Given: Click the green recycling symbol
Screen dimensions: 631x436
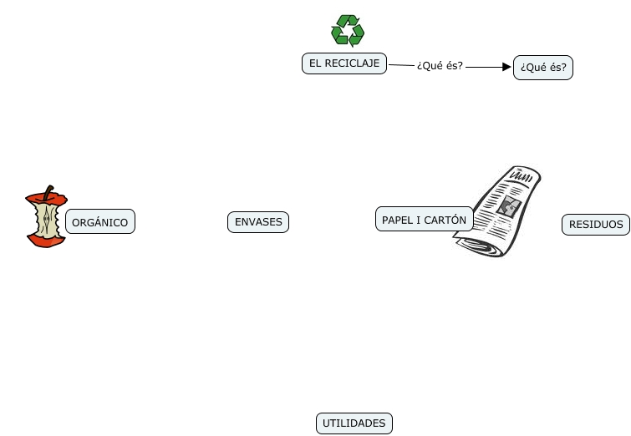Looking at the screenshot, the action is (348, 30).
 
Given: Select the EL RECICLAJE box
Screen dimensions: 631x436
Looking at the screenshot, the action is (344, 63).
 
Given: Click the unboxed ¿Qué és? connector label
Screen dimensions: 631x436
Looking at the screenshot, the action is (440, 65).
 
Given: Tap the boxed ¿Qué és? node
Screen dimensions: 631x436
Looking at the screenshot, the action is (543, 68).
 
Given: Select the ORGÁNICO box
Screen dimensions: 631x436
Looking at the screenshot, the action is (100, 222).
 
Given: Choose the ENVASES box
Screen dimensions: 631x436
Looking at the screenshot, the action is (258, 222).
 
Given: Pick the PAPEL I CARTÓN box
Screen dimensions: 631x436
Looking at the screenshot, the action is (424, 221).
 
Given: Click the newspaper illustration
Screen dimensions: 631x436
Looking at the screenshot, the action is (501, 213).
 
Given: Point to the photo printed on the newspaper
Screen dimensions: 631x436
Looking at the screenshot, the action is (508, 207).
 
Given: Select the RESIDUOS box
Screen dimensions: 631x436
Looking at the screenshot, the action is (596, 224).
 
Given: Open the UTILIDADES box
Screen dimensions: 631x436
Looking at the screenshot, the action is (354, 423).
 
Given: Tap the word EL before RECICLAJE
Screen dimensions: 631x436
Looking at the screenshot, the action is (315, 63).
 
